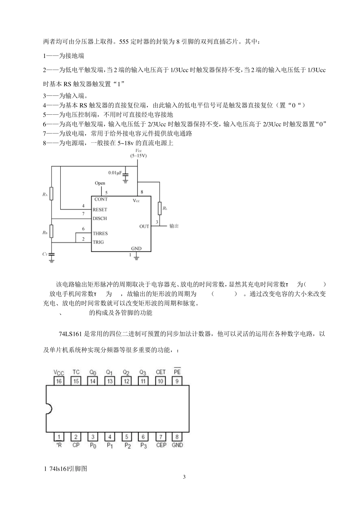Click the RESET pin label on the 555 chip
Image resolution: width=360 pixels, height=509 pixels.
pyautogui.click(x=100, y=209)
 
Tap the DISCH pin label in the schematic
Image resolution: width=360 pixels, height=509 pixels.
pyautogui.click(x=100, y=219)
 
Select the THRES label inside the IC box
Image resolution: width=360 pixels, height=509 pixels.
pyautogui.click(x=100, y=234)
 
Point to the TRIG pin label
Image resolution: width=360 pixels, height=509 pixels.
pyautogui.click(x=98, y=242)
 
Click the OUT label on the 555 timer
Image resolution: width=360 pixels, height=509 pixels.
pyautogui.click(x=144, y=226)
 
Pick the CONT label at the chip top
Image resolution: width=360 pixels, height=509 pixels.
pyautogui.click(x=101, y=199)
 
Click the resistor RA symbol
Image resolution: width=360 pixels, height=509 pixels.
pyautogui.click(x=52, y=194)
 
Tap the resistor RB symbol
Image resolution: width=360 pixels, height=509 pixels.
pyautogui.click(x=52, y=230)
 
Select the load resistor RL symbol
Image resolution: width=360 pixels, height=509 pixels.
pyautogui.click(x=160, y=208)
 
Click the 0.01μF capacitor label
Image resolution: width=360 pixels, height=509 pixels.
pyautogui.click(x=115, y=173)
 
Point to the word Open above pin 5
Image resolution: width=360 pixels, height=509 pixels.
pyautogui.click(x=100, y=183)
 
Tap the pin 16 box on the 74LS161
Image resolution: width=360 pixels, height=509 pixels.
pyautogui.click(x=59, y=381)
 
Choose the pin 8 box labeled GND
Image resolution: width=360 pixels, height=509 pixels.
pyautogui.click(x=177, y=437)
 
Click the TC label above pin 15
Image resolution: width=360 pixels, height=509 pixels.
pyautogui.click(x=76, y=372)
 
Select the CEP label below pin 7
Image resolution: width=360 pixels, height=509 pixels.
pyautogui.click(x=161, y=445)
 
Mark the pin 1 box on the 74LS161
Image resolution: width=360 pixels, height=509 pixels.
pyautogui.click(x=59, y=437)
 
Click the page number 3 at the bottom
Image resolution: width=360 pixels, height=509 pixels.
pyautogui.click(x=184, y=477)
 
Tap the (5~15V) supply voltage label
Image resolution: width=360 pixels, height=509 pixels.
pyautogui.click(x=138, y=156)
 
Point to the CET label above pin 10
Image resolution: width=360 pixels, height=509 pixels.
pyautogui.click(x=161, y=372)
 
